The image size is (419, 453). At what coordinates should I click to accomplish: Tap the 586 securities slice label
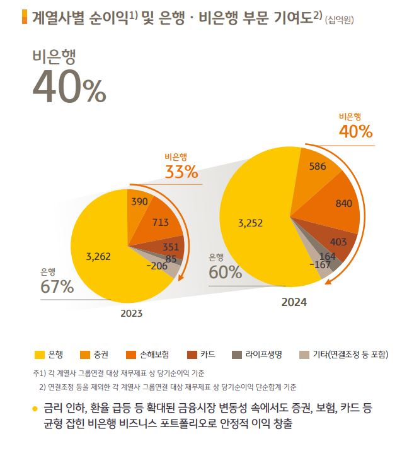[x=318, y=167]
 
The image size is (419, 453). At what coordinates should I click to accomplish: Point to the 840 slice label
[x=343, y=203]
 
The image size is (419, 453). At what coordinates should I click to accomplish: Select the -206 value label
[x=156, y=266]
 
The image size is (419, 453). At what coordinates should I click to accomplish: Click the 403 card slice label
[x=338, y=242]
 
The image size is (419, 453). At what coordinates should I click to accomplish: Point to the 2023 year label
[x=132, y=313]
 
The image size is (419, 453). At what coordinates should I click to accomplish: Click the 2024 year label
[x=294, y=302]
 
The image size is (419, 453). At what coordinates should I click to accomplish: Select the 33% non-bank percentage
[x=181, y=171]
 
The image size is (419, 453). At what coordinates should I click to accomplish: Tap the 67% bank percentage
[x=57, y=287]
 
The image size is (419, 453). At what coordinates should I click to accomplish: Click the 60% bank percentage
[x=226, y=273]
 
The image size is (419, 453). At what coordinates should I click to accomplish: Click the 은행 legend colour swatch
[x=40, y=355]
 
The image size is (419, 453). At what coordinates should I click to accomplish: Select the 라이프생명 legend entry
[x=260, y=355]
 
